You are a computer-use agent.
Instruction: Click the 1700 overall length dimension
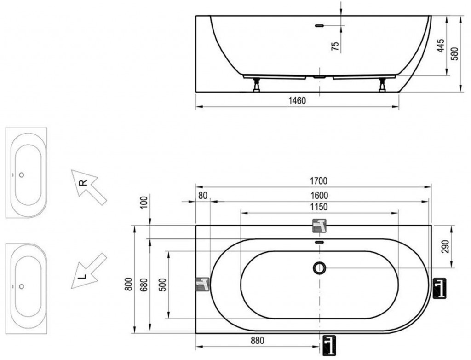318,181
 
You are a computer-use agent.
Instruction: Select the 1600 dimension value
319,196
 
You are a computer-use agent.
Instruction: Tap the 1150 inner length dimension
319,207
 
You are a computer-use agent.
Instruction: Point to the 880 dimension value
258,341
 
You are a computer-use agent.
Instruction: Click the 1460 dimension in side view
297,100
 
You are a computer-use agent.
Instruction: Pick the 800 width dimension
129,284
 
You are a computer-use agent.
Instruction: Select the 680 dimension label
144,285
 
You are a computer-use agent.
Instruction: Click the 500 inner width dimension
162,285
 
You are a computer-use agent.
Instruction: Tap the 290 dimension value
446,247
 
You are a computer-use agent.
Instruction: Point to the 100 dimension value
144,203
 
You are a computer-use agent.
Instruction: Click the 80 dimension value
203,196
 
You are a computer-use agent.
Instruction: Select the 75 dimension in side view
335,46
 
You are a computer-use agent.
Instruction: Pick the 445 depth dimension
441,46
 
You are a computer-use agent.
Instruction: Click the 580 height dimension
455,54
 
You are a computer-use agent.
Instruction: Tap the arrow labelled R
89,187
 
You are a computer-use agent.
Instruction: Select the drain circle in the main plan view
319,267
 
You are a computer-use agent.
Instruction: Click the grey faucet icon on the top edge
319,226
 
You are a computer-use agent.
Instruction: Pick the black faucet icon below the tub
329,346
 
